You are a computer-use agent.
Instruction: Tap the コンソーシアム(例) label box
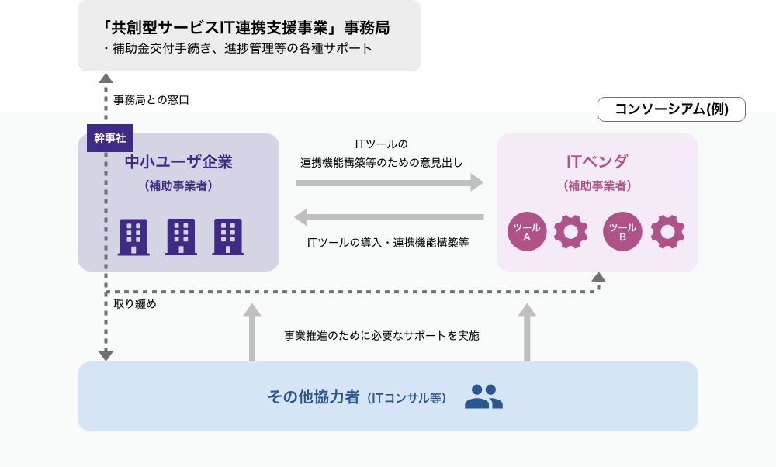671,109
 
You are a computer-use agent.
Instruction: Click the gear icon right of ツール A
571,231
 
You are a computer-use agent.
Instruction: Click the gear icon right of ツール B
667,231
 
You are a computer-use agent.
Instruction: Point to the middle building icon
181,237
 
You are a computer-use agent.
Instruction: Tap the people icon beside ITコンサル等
483,396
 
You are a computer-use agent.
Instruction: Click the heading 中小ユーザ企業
178,162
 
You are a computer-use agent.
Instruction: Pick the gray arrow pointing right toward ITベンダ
390,182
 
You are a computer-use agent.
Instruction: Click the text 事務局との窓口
151,100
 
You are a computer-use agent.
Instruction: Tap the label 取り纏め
135,304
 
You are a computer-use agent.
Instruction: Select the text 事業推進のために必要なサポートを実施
382,336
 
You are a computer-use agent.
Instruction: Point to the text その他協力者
314,396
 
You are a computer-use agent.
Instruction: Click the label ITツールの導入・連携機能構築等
388,242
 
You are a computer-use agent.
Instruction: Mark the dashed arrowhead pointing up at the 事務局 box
106,78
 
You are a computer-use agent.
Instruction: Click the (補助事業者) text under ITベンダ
597,186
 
